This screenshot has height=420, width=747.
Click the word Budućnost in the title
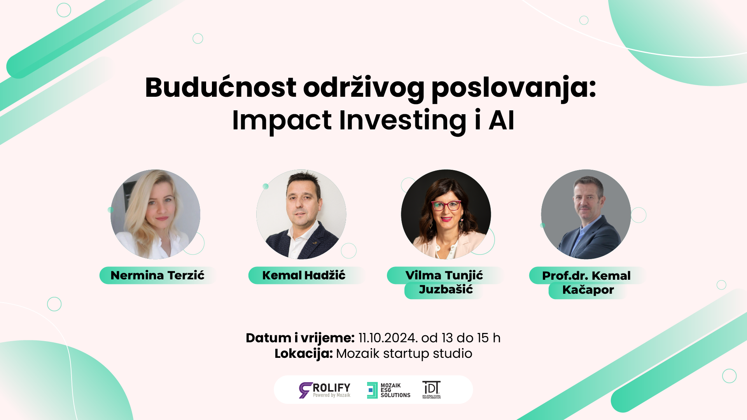tap(220, 87)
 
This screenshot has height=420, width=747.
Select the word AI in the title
tap(501, 120)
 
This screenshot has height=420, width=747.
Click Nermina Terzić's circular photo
tap(156, 214)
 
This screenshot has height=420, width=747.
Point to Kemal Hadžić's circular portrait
tap(301, 214)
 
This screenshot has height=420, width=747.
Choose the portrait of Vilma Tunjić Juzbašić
tap(446, 214)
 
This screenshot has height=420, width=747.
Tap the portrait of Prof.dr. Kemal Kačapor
tap(586, 214)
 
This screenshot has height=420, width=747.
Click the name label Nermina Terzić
tap(157, 275)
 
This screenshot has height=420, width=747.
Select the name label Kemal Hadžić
tap(304, 275)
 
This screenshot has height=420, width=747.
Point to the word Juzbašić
tap(446, 290)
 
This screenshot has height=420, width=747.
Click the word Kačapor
tap(588, 290)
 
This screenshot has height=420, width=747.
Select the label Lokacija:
tap(304, 354)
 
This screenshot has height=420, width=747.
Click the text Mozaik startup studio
tap(404, 354)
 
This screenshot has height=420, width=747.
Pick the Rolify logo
tap(325, 390)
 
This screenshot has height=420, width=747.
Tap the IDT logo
tap(432, 390)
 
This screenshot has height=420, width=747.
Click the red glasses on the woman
tap(446, 205)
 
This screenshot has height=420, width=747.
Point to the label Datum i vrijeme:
tap(300, 338)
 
